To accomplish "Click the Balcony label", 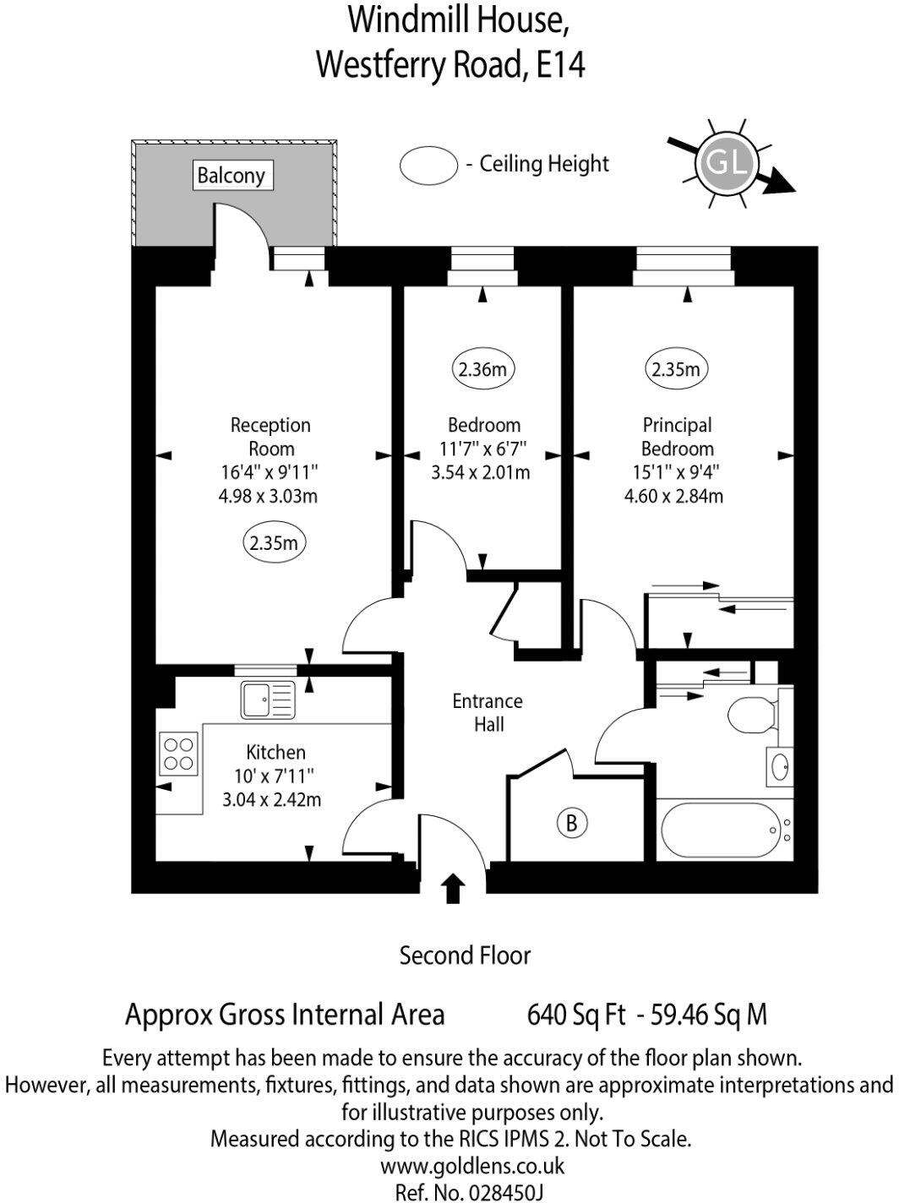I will [231, 176].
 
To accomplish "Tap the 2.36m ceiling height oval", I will [482, 369].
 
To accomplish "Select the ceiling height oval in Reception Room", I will [273, 543].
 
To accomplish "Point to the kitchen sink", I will [267, 699].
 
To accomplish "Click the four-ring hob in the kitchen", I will [178, 754].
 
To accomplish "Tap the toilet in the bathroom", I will [751, 715].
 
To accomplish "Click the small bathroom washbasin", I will [780, 767].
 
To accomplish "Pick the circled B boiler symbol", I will [571, 822].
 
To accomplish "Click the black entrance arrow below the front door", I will [454, 888].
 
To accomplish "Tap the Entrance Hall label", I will [488, 712].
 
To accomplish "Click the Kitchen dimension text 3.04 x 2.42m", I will [271, 799].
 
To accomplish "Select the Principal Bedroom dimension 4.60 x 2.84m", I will [673, 496].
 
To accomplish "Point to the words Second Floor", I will [465, 955].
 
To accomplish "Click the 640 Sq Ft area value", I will [576, 1014].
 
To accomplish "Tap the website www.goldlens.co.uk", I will [471, 1167].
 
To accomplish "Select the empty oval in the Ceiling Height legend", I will [428, 165].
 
